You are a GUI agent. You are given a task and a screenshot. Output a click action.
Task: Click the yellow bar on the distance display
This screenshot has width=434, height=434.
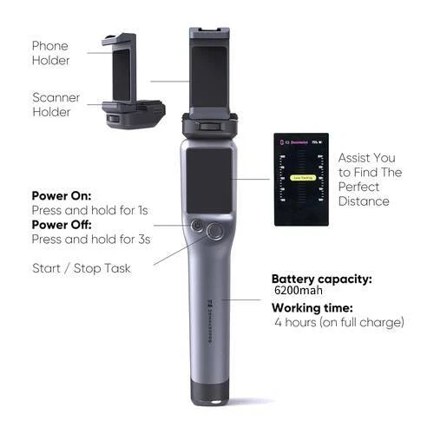pyautogui.click(x=302, y=178)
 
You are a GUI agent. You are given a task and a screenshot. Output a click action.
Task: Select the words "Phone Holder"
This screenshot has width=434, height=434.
pyautogui.click(x=49, y=53)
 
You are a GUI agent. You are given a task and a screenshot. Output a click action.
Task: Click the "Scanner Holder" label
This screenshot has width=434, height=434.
pyautogui.click(x=56, y=104)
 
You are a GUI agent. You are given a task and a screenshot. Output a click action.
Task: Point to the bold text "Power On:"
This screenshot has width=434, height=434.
pyautogui.click(x=62, y=195)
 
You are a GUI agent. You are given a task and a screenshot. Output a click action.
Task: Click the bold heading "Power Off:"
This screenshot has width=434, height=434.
pyautogui.click(x=62, y=223)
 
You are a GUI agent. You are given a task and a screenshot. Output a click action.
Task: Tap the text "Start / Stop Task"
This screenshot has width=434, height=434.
pyautogui.click(x=82, y=267)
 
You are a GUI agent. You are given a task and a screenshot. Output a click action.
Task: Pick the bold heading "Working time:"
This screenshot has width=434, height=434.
pyautogui.click(x=312, y=307)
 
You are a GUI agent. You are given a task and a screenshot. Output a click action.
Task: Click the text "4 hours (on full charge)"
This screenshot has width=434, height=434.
pyautogui.click(x=339, y=322)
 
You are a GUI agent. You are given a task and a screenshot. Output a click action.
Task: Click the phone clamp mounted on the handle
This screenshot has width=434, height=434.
pyautogui.click(x=212, y=78)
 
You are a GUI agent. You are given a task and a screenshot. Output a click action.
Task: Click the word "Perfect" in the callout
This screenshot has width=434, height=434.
pyautogui.click(x=358, y=186)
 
